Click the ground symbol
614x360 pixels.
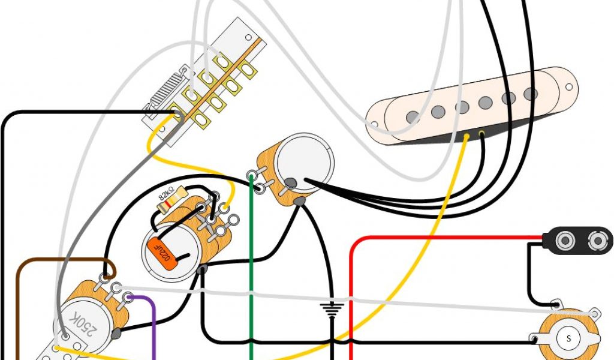[x=332, y=309]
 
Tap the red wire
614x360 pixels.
[x=350, y=288]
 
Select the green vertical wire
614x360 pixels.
[x=251, y=270]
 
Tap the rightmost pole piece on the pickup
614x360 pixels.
[x=530, y=94]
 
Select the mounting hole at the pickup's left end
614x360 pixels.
[x=375, y=125]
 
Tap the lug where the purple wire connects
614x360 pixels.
[x=128, y=296]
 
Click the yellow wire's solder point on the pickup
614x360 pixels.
[x=467, y=137]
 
